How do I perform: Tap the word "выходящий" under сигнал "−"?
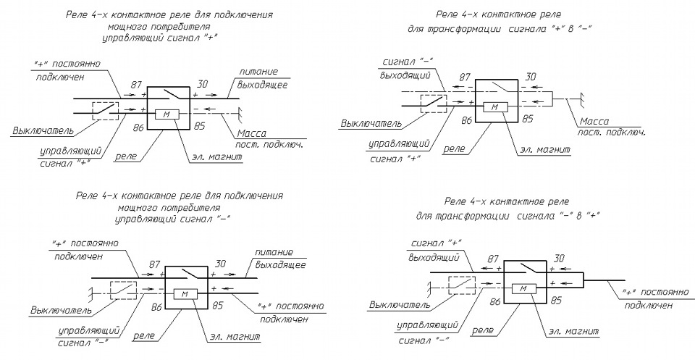(405, 75)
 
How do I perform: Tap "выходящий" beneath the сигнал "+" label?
(434, 257)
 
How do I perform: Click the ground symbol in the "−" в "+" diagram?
(429, 287)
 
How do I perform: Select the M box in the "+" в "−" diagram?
(495, 107)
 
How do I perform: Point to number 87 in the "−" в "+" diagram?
(493, 259)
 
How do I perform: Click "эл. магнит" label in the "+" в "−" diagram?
(544, 150)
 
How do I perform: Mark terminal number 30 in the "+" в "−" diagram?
(531, 77)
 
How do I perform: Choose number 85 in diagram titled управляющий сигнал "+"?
(200, 126)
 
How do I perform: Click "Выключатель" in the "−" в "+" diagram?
(400, 305)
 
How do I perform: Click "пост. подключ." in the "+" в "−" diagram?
(611, 132)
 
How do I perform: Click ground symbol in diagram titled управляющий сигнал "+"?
(240, 113)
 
